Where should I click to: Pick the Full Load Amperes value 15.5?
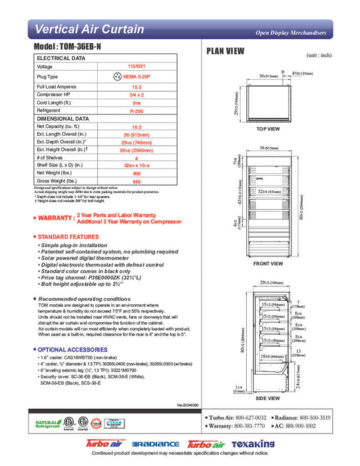pos(137,87)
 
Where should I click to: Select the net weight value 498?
pos(137,173)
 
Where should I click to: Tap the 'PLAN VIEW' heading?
pos(225,51)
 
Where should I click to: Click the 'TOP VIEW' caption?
pos(268,128)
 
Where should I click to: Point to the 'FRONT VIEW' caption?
pos(268,264)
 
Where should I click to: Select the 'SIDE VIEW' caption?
pos(268,397)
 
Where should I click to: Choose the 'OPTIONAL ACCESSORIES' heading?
pos(71,349)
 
